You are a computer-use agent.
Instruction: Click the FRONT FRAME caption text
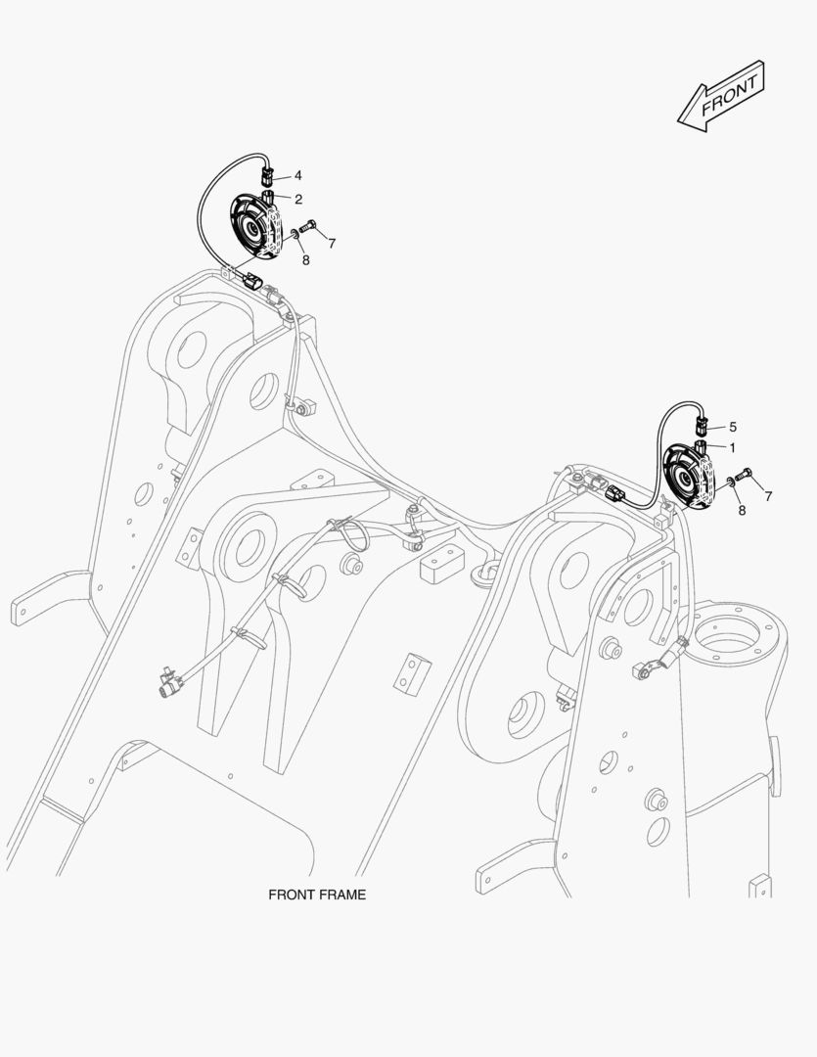[317, 895]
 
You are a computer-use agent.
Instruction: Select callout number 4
[297, 175]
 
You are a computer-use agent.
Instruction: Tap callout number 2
[297, 198]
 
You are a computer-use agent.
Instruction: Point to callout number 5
[733, 427]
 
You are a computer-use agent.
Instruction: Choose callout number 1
[732, 447]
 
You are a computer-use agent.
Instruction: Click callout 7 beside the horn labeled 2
[332, 243]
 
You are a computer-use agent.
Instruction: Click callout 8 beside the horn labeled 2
[305, 260]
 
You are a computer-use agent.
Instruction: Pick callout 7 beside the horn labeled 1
[768, 496]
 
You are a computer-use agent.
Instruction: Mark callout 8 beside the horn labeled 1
[741, 510]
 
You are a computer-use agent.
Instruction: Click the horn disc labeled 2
[256, 228]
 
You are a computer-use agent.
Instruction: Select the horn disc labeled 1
[692, 479]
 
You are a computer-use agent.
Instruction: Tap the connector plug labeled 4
[268, 176]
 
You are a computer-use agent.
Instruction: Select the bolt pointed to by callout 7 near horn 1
[747, 476]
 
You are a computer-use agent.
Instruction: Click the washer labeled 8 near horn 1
[730, 483]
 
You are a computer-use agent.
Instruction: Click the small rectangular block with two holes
[413, 670]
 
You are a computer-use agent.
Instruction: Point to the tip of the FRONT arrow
[680, 118]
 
